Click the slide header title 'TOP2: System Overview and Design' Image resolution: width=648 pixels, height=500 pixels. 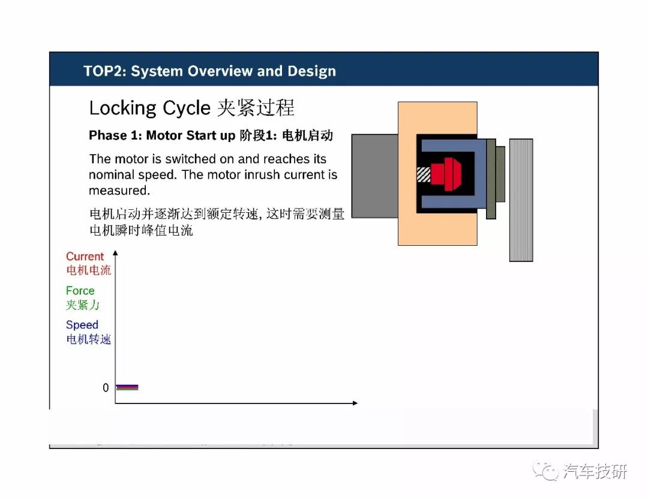[209, 71]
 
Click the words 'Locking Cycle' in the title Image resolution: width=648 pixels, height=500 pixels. [150, 108]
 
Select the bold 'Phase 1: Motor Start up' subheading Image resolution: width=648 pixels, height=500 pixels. [162, 135]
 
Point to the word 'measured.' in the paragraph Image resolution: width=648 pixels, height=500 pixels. [119, 190]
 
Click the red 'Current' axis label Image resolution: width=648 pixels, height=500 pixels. [85, 257]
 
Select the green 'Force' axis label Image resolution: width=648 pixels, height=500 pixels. [80, 291]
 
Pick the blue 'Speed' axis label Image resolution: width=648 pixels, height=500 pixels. [82, 325]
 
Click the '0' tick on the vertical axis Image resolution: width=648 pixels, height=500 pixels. [106, 388]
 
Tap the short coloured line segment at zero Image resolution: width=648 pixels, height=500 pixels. [127, 387]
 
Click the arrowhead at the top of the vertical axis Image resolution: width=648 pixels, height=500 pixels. [115, 252]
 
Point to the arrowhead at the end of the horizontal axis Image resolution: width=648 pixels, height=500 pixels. [355, 403]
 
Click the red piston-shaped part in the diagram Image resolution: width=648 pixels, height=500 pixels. [446, 174]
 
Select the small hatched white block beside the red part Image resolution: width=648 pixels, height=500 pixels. [424, 174]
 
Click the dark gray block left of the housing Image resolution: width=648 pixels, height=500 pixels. [375, 176]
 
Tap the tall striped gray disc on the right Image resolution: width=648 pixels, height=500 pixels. [521, 200]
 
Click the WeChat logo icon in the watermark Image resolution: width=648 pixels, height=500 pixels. [545, 471]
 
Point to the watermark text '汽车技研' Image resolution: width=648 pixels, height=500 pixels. [595, 471]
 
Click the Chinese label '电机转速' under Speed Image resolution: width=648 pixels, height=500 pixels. [88, 339]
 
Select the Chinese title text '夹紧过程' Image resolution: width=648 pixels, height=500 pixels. [256, 108]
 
